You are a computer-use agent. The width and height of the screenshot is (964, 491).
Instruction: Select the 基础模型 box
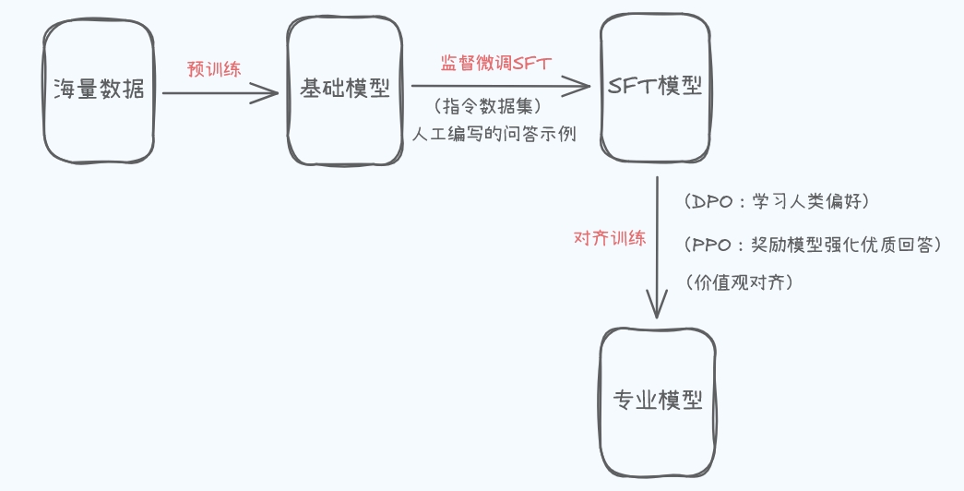pyautogui.click(x=345, y=90)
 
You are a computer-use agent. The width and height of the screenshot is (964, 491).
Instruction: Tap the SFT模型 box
pyautogui.click(x=655, y=87)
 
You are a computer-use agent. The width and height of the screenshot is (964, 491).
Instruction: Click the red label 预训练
pyautogui.click(x=214, y=69)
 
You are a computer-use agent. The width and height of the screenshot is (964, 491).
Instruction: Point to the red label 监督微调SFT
pyautogui.click(x=495, y=63)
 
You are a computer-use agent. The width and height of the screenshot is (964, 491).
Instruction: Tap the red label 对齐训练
pyautogui.click(x=610, y=237)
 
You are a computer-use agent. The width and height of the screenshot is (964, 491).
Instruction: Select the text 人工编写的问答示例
pyautogui.click(x=494, y=134)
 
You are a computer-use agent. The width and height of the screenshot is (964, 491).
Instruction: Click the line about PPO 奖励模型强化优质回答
pyautogui.click(x=812, y=245)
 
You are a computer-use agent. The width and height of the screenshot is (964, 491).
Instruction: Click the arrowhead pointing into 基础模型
pyautogui.click(x=271, y=91)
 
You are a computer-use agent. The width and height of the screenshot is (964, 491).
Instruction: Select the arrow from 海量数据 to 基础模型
pyautogui.click(x=217, y=91)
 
